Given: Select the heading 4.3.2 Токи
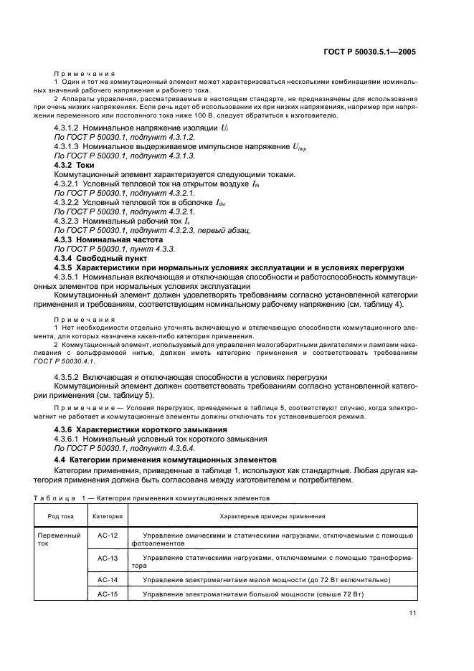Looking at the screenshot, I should (75, 164).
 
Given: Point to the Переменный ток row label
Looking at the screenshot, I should (60, 539).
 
